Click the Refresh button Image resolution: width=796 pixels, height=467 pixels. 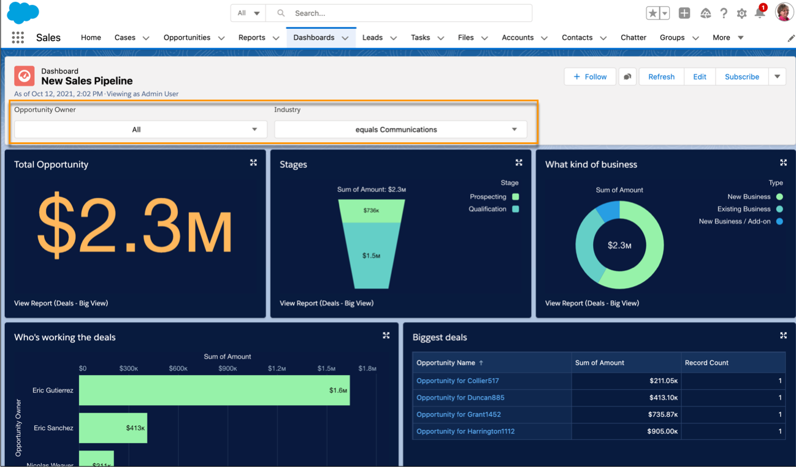(x=661, y=77)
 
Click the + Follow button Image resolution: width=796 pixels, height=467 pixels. (x=590, y=77)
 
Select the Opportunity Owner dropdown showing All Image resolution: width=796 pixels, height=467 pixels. (x=140, y=129)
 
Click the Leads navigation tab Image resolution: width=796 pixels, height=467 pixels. (x=372, y=37)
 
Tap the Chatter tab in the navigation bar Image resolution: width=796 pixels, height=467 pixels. (x=633, y=37)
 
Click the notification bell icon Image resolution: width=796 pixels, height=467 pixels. (x=760, y=13)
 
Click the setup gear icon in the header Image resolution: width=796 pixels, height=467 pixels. (x=741, y=13)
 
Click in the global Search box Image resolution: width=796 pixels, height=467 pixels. (x=405, y=13)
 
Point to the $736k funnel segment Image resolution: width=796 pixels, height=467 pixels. (x=371, y=210)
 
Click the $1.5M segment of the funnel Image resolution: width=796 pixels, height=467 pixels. (x=371, y=256)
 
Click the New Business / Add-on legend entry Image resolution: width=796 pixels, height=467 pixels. (x=735, y=221)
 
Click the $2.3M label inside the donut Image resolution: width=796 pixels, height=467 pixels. (x=619, y=245)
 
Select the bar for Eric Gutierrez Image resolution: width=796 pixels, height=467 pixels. (x=214, y=390)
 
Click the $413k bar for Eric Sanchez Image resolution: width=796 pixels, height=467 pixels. (x=113, y=428)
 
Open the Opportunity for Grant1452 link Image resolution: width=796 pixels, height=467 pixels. (x=459, y=414)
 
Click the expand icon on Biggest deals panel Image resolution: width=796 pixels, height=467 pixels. (x=783, y=335)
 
